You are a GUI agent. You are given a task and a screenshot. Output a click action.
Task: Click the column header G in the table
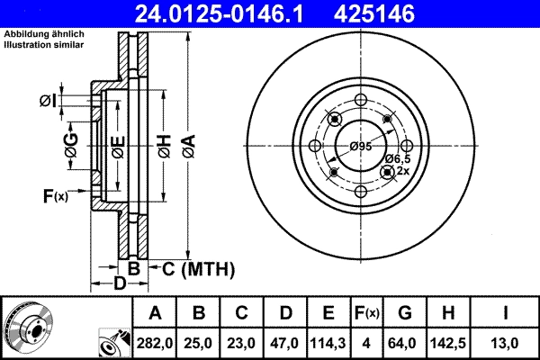(x=405, y=313)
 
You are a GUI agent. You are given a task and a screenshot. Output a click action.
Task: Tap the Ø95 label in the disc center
(x=361, y=146)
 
